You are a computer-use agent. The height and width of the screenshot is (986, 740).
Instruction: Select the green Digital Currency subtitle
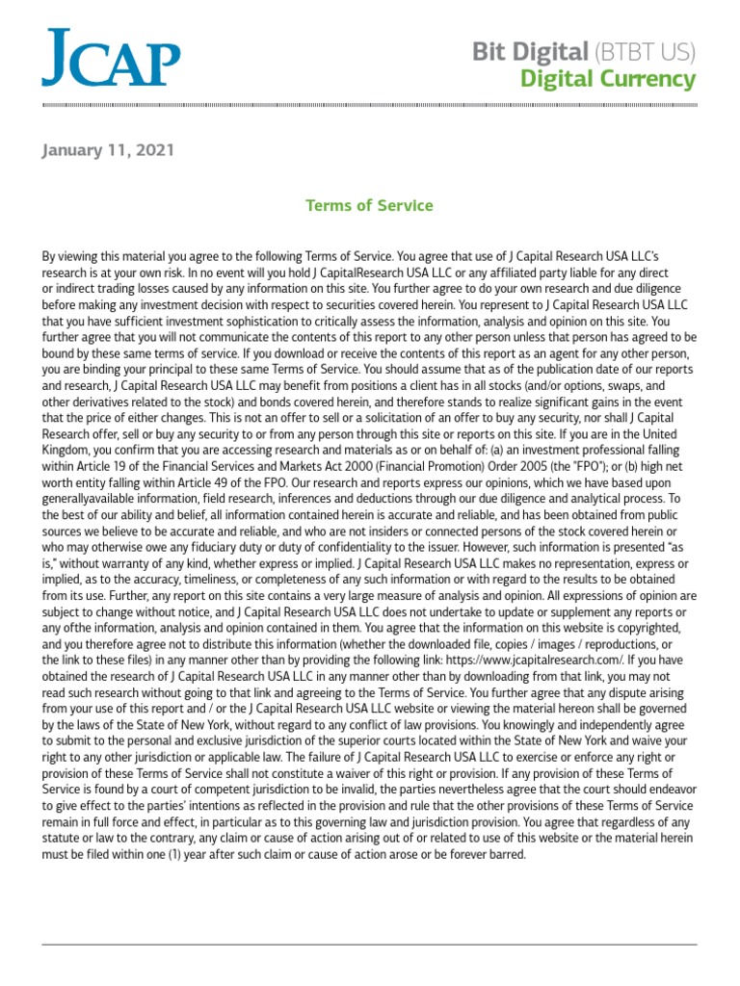coord(607,78)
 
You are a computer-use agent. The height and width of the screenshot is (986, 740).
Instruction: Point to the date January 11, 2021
coord(108,151)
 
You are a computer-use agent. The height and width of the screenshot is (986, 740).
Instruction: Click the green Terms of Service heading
coord(369,205)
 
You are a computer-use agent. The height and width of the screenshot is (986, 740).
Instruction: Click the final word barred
coord(506,854)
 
